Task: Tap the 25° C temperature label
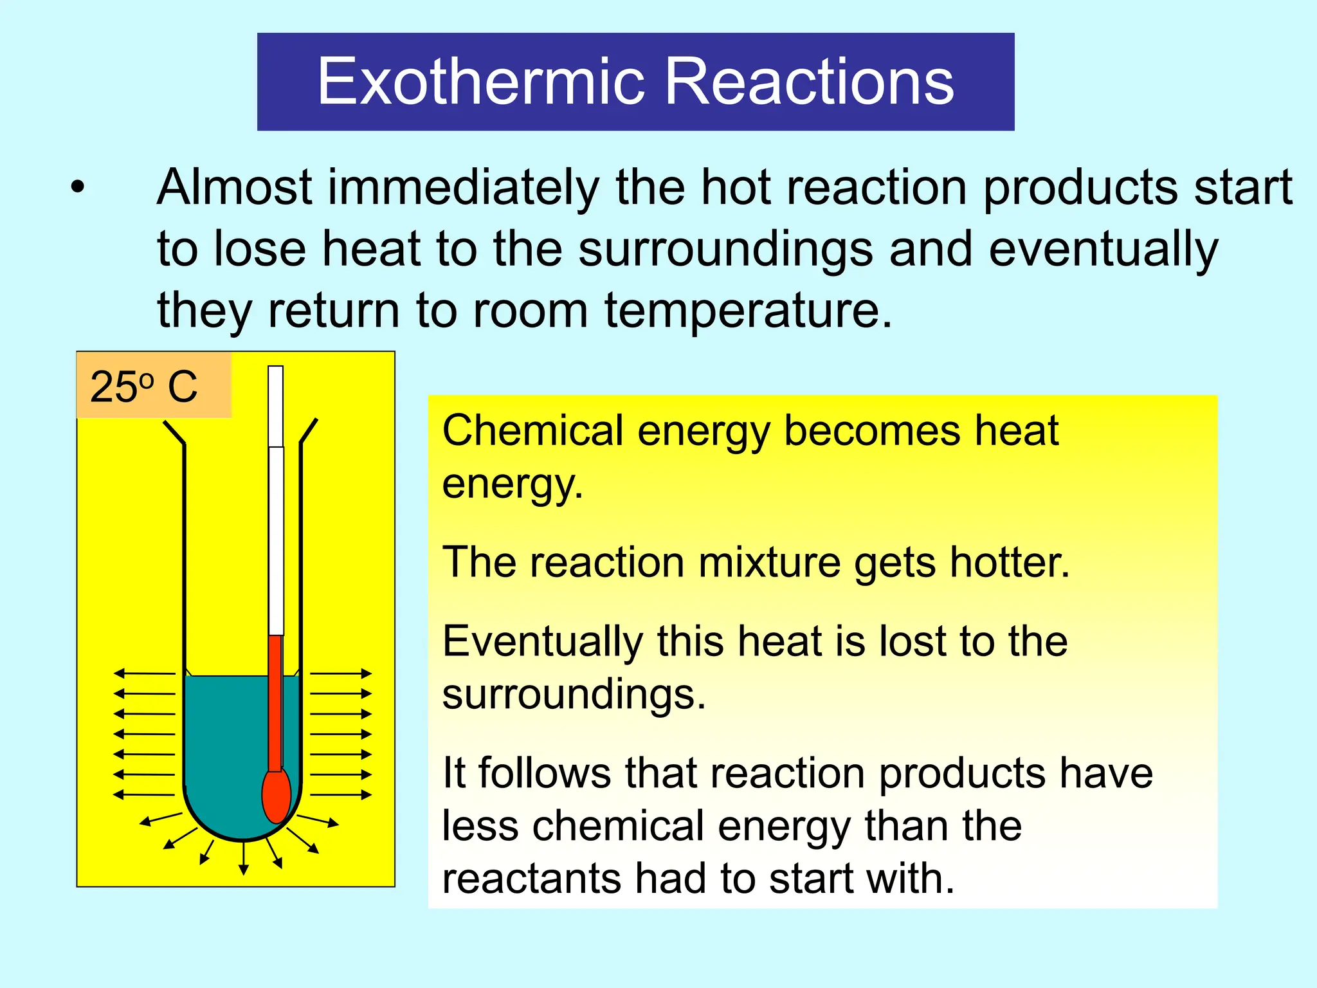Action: tap(145, 387)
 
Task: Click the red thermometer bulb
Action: tap(276, 796)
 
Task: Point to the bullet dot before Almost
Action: tap(78, 188)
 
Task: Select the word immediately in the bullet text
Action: tap(463, 188)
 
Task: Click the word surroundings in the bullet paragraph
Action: tap(725, 250)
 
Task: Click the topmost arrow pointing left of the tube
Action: tap(144, 673)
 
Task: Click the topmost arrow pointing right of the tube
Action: tap(341, 673)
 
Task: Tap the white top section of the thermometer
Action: tap(276, 502)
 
